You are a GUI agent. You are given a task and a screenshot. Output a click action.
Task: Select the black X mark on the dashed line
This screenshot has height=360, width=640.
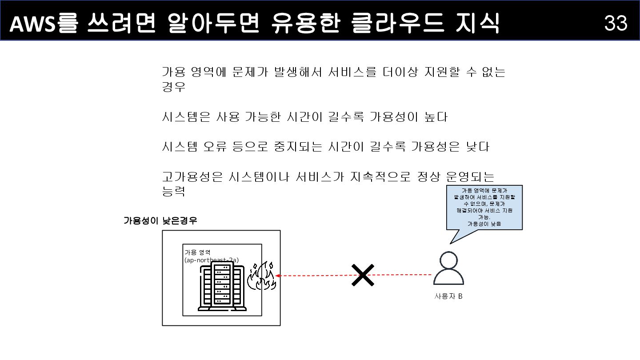coord(363,275)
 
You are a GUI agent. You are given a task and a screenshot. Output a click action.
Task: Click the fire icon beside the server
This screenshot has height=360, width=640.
coord(262,276)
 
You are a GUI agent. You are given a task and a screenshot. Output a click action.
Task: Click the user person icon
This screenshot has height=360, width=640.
coord(448,268)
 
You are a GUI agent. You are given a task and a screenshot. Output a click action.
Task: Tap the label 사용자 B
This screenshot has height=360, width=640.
coord(448,296)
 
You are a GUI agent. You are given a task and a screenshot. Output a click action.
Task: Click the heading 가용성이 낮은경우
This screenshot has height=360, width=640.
coord(160,220)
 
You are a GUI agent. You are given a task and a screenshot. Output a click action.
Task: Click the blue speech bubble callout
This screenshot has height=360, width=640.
coord(484,208)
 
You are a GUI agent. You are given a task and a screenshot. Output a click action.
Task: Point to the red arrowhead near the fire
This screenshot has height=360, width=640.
coord(277,276)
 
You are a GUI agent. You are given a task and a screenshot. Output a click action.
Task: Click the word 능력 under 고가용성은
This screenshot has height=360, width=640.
coord(173,192)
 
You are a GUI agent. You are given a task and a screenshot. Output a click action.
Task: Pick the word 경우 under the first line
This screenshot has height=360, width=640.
coord(173,87)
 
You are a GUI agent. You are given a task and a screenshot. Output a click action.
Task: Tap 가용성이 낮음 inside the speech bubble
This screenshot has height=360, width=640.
coord(484,224)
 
